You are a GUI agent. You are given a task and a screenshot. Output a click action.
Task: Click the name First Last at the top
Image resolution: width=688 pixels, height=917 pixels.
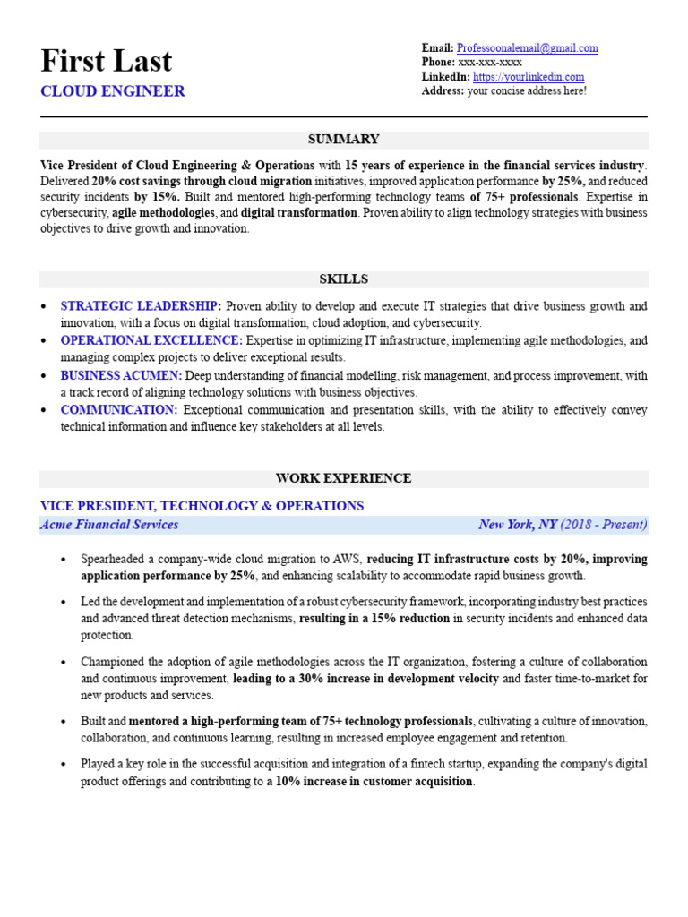[x=107, y=61]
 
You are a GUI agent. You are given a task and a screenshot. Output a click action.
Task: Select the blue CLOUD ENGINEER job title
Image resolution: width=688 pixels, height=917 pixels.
[x=113, y=91]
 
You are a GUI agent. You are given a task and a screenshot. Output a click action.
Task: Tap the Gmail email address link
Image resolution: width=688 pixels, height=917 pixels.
[x=527, y=48]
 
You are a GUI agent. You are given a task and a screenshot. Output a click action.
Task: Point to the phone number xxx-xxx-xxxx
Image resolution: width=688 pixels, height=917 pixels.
[x=490, y=63]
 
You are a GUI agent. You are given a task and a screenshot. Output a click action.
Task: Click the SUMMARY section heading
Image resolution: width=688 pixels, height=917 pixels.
[x=343, y=140]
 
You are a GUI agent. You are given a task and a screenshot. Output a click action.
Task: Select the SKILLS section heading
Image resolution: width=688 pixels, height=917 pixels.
[x=343, y=279]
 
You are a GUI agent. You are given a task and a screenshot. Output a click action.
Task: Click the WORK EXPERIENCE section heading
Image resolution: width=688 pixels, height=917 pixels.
[x=343, y=478]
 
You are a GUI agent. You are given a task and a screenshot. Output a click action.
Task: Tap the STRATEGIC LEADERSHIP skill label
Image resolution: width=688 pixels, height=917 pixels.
[x=140, y=306]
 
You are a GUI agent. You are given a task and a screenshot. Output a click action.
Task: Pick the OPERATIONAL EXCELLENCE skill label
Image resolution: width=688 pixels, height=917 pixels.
[x=150, y=340]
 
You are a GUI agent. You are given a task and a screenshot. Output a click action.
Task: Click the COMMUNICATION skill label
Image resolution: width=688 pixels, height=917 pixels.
[x=118, y=410]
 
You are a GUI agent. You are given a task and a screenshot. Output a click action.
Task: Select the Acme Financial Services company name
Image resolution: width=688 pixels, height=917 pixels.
[x=109, y=525]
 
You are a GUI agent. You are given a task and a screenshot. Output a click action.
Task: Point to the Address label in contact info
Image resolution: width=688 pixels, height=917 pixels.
[x=443, y=91]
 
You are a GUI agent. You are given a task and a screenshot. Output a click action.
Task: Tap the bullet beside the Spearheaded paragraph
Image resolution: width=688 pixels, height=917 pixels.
[x=63, y=560]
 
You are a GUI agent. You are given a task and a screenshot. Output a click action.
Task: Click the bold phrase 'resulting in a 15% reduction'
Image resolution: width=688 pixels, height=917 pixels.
[x=374, y=619]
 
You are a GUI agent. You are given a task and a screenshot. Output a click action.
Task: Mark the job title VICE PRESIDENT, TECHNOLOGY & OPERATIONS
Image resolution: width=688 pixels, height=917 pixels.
[x=202, y=506]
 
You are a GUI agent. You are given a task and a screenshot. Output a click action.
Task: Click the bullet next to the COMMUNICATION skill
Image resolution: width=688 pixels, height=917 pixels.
[x=45, y=410]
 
